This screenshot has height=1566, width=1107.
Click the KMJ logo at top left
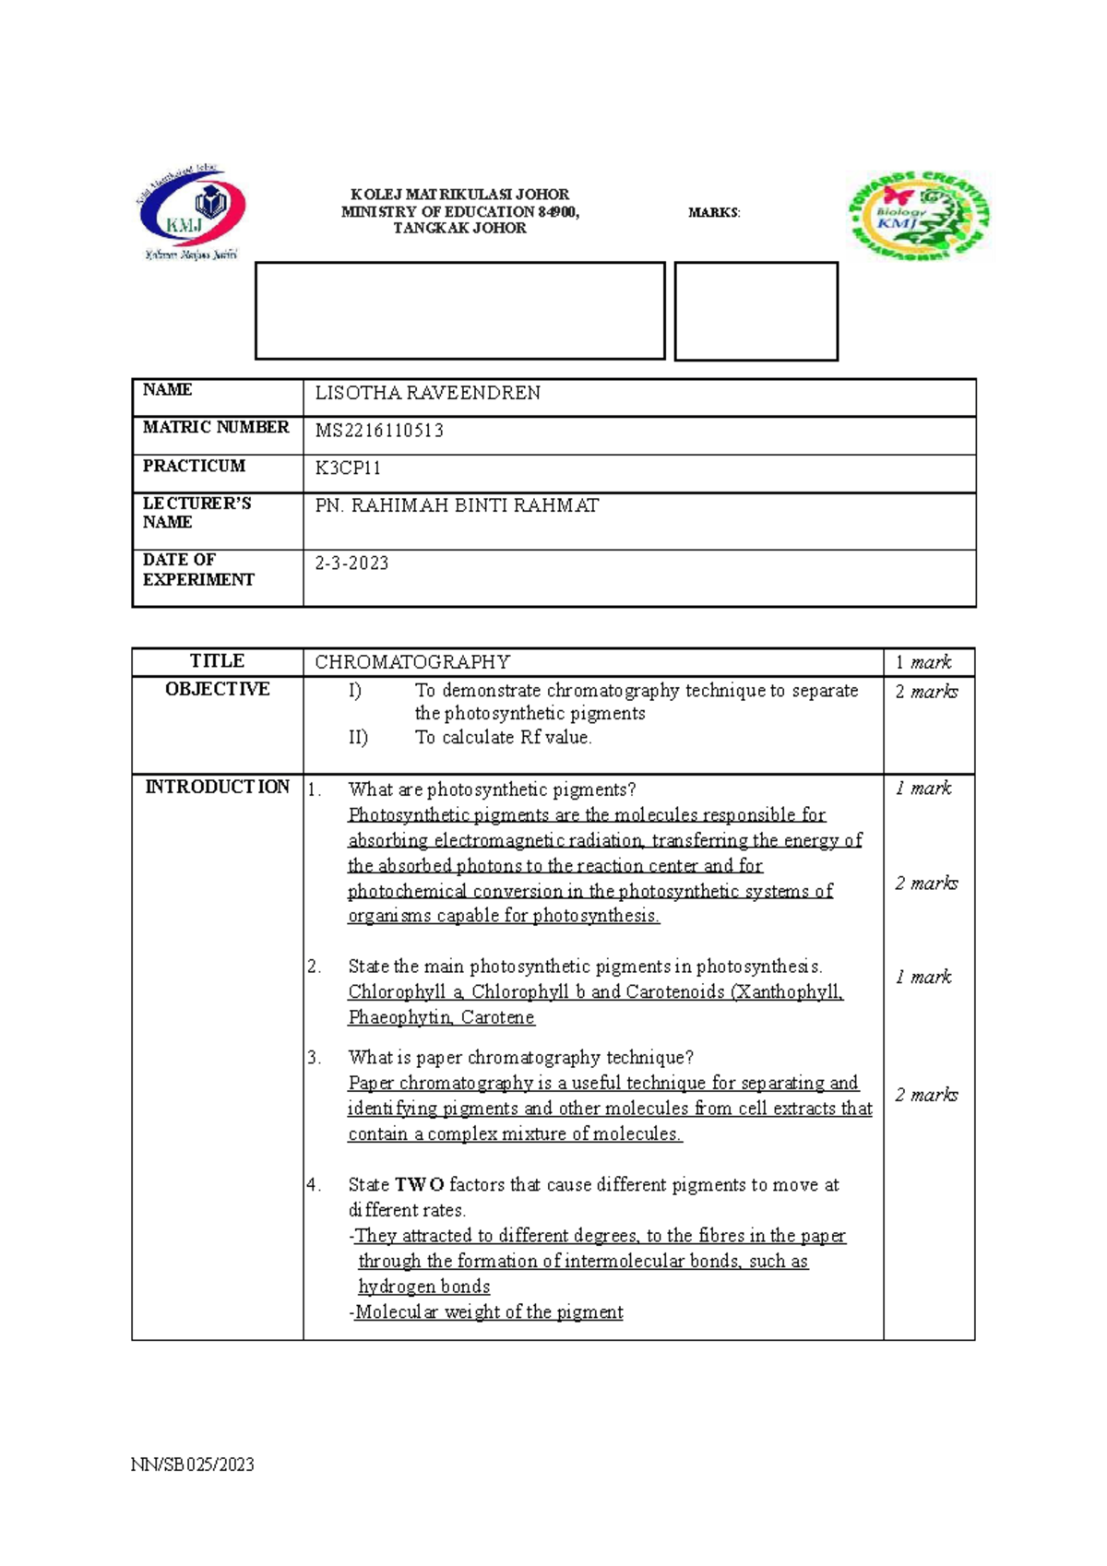[192, 212]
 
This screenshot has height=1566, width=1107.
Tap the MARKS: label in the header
[714, 213]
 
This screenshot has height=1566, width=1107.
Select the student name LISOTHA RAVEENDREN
[427, 394]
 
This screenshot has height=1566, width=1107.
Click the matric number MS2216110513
[379, 431]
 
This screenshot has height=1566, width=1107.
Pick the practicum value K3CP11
[348, 469]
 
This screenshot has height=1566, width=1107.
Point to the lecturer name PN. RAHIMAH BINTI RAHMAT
[457, 506]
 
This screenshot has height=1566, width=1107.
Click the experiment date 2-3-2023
[351, 564]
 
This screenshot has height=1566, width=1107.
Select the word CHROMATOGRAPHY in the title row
[411, 662]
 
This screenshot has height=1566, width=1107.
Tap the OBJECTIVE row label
[218, 689]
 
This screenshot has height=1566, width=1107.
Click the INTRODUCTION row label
[218, 787]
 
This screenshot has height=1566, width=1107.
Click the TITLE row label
[217, 661]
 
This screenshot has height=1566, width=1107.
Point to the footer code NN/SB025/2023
[192, 1465]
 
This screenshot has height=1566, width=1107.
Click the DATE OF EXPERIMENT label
[197, 570]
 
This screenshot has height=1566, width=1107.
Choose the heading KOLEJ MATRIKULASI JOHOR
[459, 195]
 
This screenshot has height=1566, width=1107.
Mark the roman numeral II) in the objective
[358, 738]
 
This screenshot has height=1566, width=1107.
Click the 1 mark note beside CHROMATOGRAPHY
[922, 662]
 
